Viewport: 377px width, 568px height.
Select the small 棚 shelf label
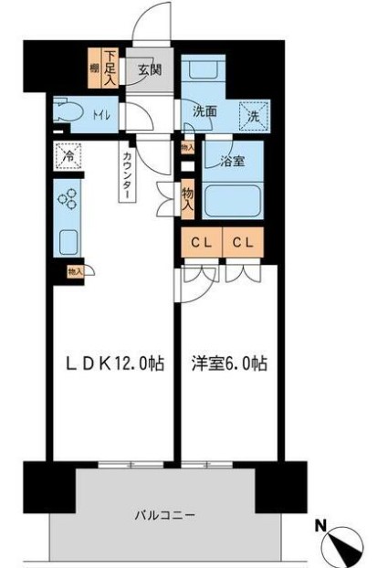coord(94,68)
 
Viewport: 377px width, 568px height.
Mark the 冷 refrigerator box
coord(68,156)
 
